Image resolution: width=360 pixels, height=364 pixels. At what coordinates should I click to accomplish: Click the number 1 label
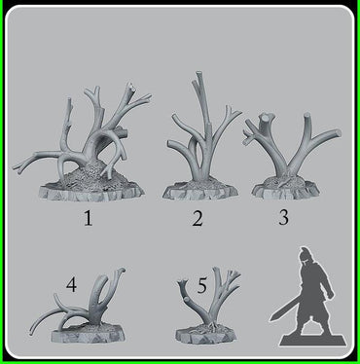click(x=88, y=218)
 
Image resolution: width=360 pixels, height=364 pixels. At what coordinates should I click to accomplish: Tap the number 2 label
click(x=198, y=218)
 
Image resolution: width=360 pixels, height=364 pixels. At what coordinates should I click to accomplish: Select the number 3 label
click(x=283, y=216)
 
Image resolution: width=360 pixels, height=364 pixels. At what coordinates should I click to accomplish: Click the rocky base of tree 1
click(x=97, y=186)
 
